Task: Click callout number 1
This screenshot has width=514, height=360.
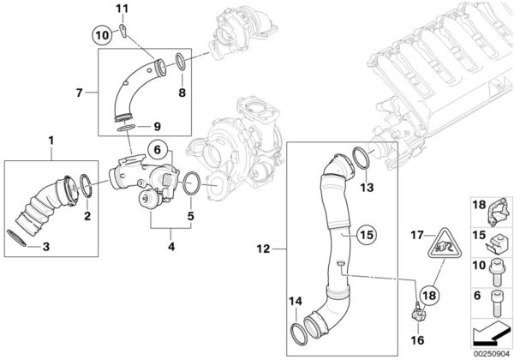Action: pos(51,139)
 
